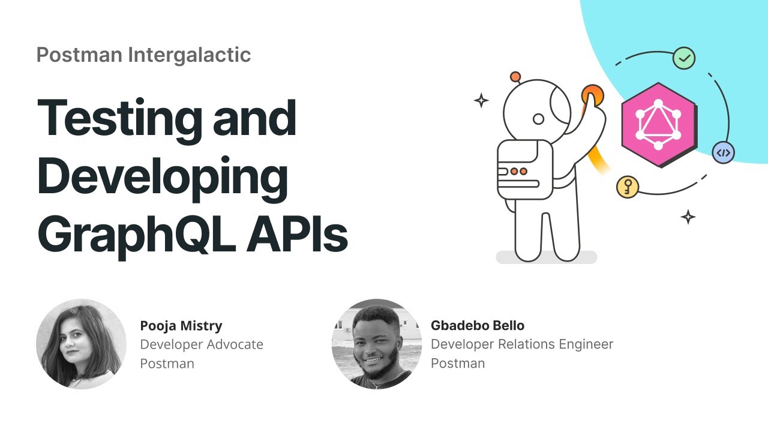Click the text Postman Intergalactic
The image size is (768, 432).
(x=143, y=55)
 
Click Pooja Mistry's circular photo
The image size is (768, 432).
(x=81, y=344)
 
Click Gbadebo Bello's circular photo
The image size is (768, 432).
(x=377, y=344)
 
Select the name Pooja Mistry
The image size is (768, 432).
(x=181, y=326)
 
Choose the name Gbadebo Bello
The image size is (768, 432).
(x=478, y=326)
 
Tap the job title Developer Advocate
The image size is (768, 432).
(x=202, y=344)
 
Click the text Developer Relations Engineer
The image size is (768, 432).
(x=522, y=344)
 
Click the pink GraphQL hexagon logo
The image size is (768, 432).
(x=659, y=125)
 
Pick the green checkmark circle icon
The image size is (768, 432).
(x=683, y=58)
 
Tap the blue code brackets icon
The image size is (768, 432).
(x=724, y=152)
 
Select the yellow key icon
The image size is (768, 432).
(x=628, y=188)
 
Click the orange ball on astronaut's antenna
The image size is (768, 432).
(x=515, y=77)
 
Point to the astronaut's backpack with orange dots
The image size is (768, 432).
(x=524, y=170)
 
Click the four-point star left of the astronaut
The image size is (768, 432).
(x=481, y=100)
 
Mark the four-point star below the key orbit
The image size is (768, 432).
(x=688, y=217)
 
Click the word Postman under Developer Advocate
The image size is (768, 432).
(x=167, y=364)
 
